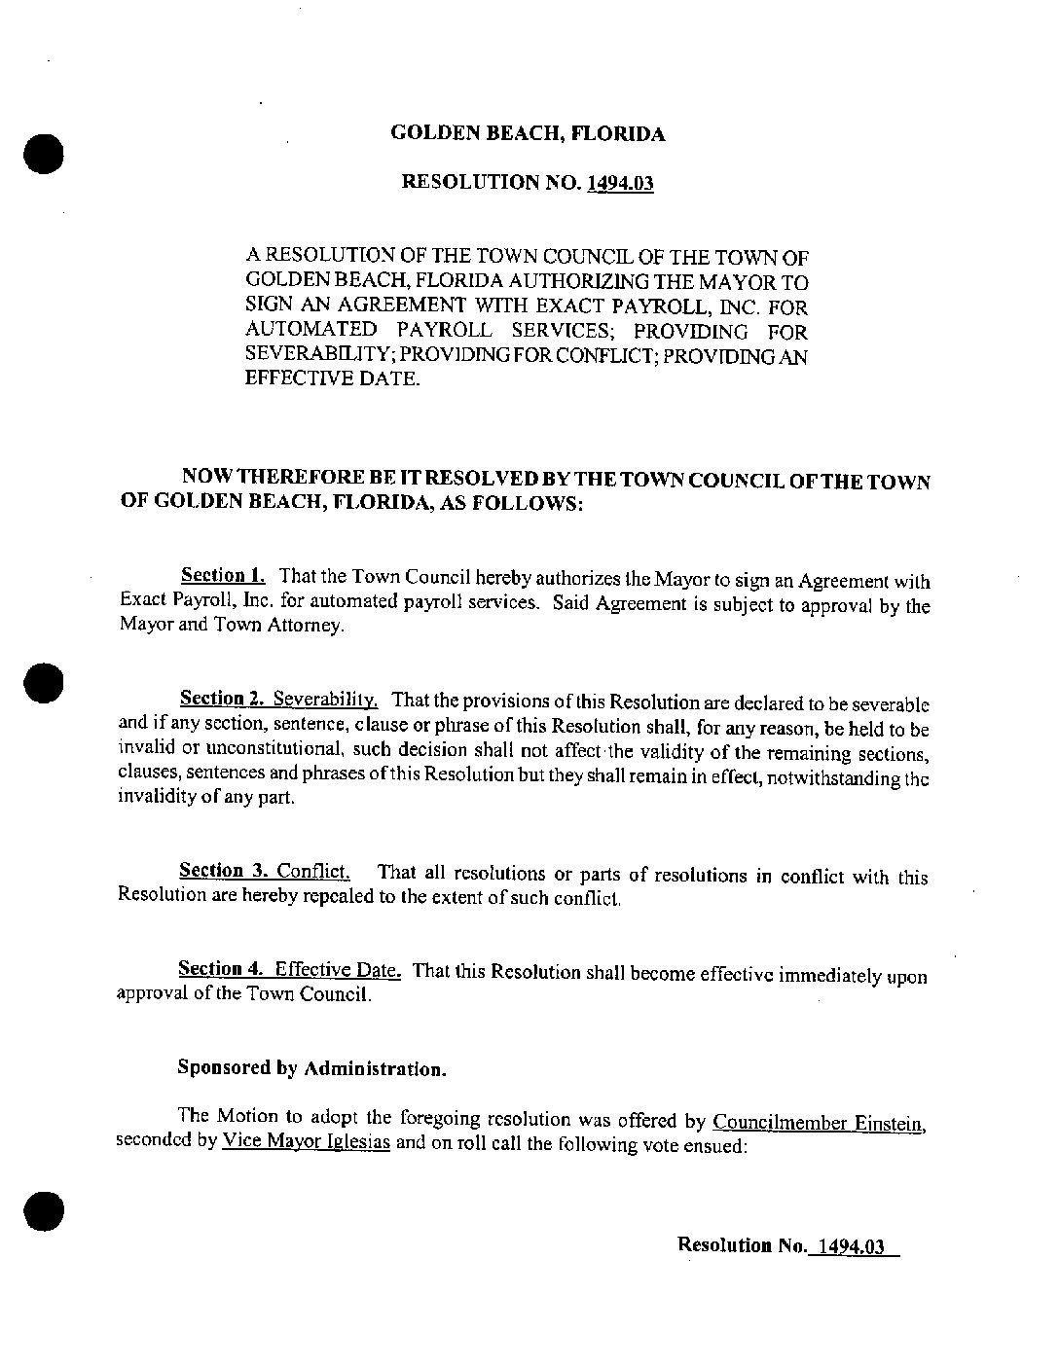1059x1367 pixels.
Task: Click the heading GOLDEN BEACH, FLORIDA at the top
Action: [x=528, y=134]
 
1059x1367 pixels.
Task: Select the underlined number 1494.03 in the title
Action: [x=619, y=182]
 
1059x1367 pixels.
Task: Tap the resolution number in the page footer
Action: [x=851, y=1245]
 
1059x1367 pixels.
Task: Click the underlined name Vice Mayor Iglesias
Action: [x=306, y=1142]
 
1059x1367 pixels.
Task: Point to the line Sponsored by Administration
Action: [x=312, y=1067]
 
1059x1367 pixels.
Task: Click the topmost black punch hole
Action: [x=43, y=153]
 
